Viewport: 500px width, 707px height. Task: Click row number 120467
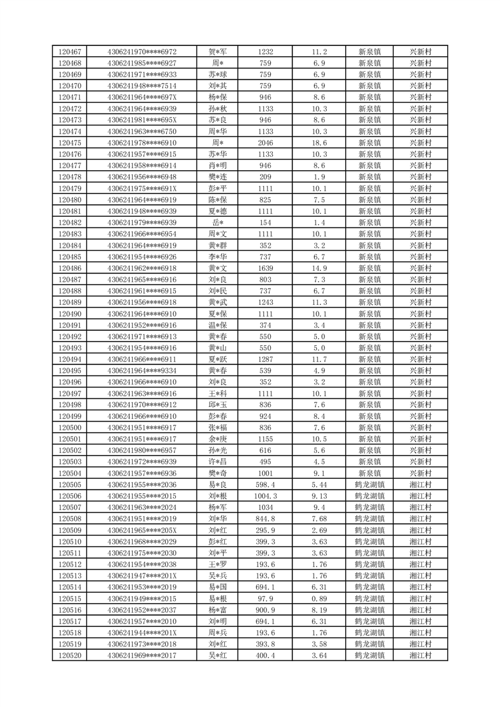click(69, 52)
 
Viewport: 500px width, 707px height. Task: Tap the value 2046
click(265, 143)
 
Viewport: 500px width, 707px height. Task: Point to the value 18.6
click(319, 143)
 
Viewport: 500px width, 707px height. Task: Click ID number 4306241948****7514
click(142, 86)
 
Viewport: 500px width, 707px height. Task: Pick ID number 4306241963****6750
click(142, 132)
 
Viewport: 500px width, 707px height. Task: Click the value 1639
click(265, 268)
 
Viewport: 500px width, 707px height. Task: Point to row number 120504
click(69, 473)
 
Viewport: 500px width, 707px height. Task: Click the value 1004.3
click(265, 496)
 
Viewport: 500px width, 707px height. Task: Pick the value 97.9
click(265, 599)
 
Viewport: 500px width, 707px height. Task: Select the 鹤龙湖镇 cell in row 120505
click(369, 485)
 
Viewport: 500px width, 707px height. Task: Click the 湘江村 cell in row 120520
click(420, 656)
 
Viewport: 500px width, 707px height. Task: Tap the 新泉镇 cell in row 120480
click(369, 200)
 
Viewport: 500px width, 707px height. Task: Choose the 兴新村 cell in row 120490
click(420, 314)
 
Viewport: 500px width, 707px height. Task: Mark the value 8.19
click(319, 610)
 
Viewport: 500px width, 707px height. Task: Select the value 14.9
click(319, 268)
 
